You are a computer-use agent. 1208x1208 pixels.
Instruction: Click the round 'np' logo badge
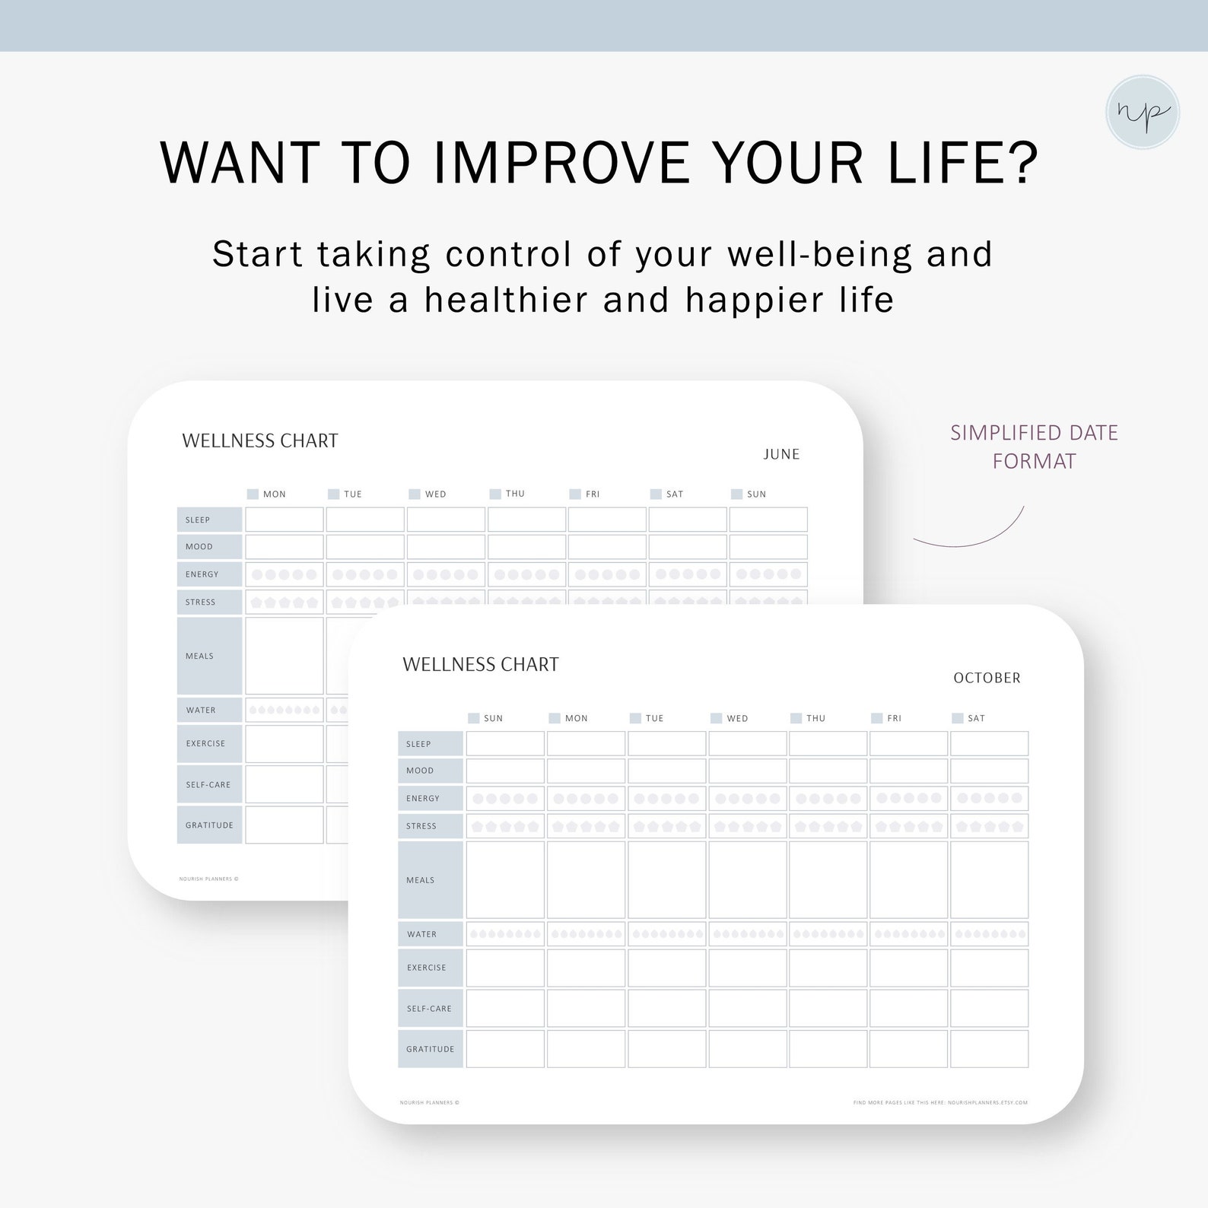pyautogui.click(x=1142, y=112)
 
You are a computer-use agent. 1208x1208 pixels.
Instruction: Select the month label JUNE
pyautogui.click(x=781, y=454)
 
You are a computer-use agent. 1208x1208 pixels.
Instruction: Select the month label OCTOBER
pyautogui.click(x=987, y=678)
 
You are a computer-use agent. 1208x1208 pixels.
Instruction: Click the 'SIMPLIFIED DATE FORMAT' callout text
pyautogui.click(x=1034, y=447)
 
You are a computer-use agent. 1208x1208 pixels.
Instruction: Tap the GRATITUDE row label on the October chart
pyautogui.click(x=431, y=1049)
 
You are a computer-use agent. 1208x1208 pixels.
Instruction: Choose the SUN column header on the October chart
pyautogui.click(x=493, y=718)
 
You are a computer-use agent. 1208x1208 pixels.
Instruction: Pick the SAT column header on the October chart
pyautogui.click(x=976, y=718)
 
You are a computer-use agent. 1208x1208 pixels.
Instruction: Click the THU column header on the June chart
pyautogui.click(x=515, y=494)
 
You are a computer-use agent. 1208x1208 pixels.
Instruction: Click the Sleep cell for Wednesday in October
pyautogui.click(x=747, y=743)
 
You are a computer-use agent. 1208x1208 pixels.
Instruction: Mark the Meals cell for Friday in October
pyautogui.click(x=908, y=880)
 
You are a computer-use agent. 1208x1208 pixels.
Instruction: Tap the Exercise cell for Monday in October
pyautogui.click(x=586, y=968)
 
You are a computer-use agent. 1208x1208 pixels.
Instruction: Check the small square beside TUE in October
pyautogui.click(x=635, y=718)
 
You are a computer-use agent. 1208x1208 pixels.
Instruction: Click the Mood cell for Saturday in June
pyautogui.click(x=688, y=547)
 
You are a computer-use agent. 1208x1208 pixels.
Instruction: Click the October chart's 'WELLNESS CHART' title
pyautogui.click(x=481, y=665)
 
